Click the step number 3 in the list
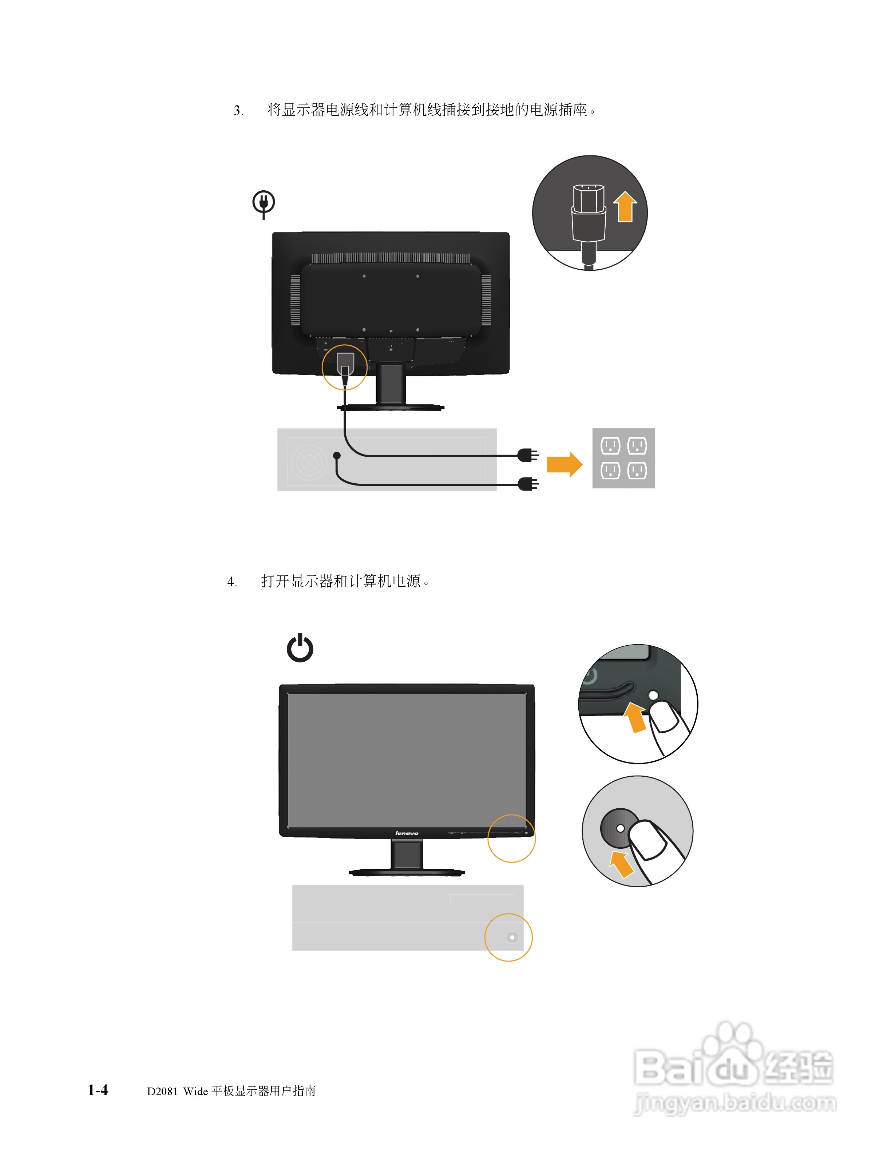coord(238,111)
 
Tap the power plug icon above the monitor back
coord(264,203)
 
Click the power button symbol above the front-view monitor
coord(300,648)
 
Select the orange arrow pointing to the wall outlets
coord(564,464)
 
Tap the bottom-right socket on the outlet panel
coord(637,470)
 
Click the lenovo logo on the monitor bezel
coord(407,833)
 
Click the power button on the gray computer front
coord(511,938)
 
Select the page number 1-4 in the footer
coord(98,1090)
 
